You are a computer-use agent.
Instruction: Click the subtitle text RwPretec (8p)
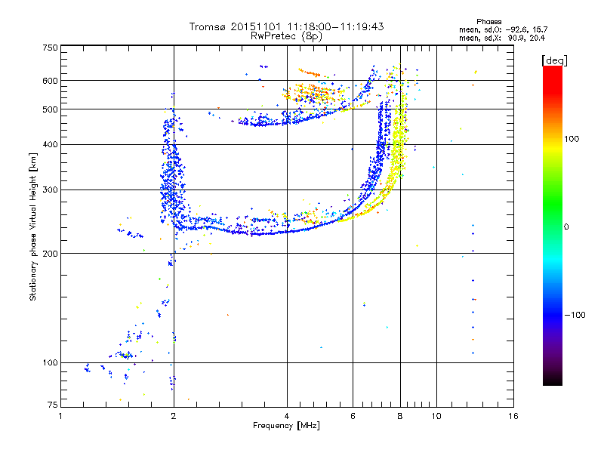coord(286,36)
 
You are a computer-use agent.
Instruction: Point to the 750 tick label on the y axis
coord(50,48)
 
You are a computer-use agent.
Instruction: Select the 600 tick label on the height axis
coord(50,81)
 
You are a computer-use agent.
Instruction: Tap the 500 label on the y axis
coord(50,109)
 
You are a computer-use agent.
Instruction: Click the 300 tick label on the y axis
coord(50,190)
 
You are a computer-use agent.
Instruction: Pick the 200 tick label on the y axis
coord(50,254)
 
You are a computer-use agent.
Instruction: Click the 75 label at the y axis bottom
coord(53,405)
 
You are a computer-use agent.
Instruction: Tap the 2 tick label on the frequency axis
coord(174,416)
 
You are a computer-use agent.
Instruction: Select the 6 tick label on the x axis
coord(353,416)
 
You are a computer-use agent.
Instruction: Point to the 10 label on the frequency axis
coord(436,416)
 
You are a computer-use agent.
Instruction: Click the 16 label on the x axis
coord(513,416)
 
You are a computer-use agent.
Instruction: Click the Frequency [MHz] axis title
coord(286,426)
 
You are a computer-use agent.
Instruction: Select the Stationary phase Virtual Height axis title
coord(33,226)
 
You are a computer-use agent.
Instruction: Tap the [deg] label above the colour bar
coord(554,60)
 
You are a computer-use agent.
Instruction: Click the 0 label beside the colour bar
coord(566,226)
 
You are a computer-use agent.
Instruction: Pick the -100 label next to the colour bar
coord(575,315)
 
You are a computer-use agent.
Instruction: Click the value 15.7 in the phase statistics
coord(540,29)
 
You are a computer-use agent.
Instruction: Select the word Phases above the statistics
coord(488,22)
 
